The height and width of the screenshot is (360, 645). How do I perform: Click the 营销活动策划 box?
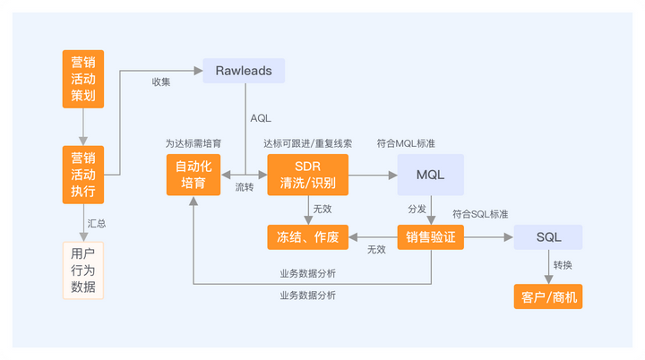[x=83, y=80]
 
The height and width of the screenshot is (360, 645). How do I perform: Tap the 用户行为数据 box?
[x=83, y=270]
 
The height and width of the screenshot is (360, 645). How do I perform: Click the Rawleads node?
[x=243, y=71]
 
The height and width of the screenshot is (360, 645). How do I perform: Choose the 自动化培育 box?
[x=193, y=174]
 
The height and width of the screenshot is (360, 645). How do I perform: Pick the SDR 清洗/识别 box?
[x=307, y=174]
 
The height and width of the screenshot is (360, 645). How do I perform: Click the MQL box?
[x=431, y=174]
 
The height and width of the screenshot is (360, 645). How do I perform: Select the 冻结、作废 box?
[x=306, y=236]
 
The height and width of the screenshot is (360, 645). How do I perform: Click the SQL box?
[x=548, y=236]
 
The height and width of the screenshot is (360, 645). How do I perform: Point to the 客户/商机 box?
[x=548, y=296]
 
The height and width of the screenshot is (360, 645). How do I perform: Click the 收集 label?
[x=161, y=82]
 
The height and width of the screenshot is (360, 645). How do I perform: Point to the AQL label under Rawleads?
[x=261, y=118]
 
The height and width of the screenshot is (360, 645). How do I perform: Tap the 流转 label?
[x=245, y=187]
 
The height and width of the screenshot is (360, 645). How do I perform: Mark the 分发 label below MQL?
[x=417, y=208]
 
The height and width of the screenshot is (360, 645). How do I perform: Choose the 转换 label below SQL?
[x=563, y=266]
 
